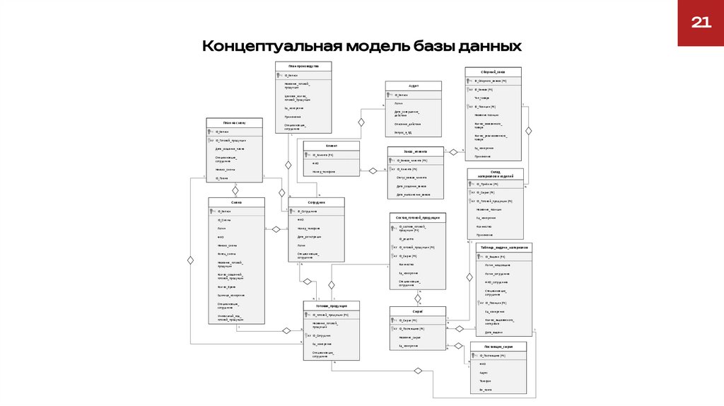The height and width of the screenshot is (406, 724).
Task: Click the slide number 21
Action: pos(700,23)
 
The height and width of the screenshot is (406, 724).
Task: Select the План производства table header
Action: pos(303,66)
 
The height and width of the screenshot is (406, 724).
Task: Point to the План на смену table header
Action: pos(234,122)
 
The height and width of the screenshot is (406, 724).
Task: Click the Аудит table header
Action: pos(414,85)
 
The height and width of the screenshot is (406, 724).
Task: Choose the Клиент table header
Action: pos(331,146)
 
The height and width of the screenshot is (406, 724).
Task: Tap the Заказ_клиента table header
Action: pos(416,151)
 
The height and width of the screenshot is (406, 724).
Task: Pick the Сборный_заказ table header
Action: pos(493,71)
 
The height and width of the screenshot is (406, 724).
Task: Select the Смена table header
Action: pos(236,202)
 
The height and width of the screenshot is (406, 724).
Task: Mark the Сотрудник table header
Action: pos(316,202)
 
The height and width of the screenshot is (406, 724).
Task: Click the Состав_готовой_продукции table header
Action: pos(418,217)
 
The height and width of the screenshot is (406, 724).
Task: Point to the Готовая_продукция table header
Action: pos(331,306)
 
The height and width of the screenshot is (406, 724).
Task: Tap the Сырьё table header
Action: pos(417,311)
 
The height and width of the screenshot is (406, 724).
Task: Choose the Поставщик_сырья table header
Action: pos(498,347)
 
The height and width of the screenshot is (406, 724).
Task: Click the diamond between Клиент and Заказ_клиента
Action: pos(373,170)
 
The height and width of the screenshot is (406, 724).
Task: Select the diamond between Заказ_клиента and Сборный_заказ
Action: pos(452,151)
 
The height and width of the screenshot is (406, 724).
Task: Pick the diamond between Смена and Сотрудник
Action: pos(276,229)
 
